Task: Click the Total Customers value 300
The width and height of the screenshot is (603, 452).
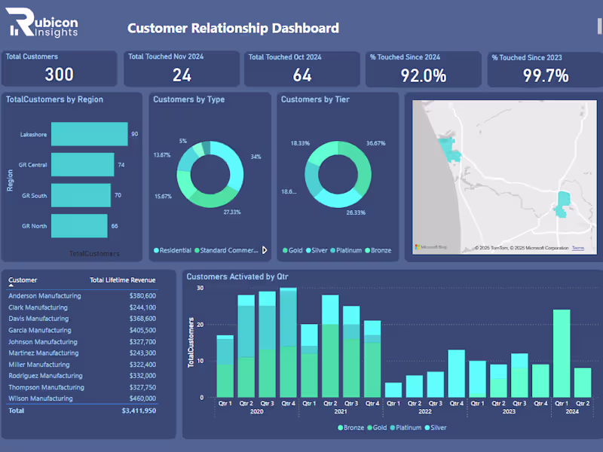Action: [x=59, y=75]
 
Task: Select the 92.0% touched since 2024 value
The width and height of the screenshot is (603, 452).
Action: [x=424, y=75]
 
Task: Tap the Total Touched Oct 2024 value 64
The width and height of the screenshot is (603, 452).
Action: [x=302, y=75]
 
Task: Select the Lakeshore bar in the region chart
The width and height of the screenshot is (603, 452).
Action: [x=89, y=134]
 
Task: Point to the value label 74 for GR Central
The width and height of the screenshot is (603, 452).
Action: [x=121, y=165]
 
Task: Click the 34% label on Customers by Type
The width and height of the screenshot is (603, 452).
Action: [x=256, y=157]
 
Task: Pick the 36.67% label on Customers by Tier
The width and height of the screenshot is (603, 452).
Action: [x=376, y=143]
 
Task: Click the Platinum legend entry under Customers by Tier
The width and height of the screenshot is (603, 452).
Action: [x=347, y=250]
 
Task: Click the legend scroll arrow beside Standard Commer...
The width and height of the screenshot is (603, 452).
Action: [x=264, y=250]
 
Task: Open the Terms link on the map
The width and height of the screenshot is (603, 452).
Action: [x=578, y=248]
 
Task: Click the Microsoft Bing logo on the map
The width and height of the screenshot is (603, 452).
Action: [x=431, y=247]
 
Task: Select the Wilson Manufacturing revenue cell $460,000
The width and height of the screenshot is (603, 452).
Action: [x=140, y=399]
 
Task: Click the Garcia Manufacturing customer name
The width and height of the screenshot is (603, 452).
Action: [x=40, y=330]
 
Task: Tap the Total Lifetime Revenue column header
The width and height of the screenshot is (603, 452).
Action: [x=122, y=280]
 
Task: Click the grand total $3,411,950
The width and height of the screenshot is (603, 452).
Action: [x=139, y=411]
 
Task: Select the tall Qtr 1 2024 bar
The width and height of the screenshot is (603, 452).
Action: [x=562, y=353]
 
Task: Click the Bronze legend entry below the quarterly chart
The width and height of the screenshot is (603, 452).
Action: [x=350, y=427]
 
